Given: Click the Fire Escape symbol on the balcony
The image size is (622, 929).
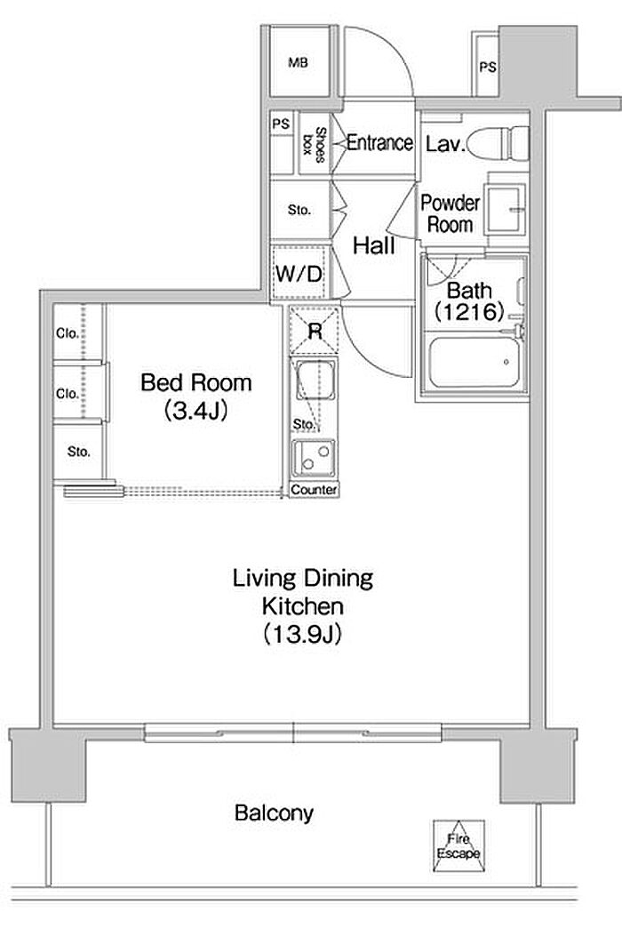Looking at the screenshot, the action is click(x=459, y=845).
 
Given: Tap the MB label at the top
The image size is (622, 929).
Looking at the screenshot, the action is click(x=298, y=62).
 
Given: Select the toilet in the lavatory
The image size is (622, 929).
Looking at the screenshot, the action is click(x=497, y=143).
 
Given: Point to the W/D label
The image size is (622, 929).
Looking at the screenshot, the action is click(x=299, y=274).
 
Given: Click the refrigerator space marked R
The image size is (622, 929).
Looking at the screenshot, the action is click(x=315, y=331).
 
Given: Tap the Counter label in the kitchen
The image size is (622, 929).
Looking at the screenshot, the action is click(x=314, y=490).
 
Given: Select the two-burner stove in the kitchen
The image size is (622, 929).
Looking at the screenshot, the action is click(x=314, y=458).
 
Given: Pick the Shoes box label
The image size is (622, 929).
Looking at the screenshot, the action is click(x=315, y=144).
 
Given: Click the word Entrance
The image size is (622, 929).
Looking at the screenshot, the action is click(x=379, y=143).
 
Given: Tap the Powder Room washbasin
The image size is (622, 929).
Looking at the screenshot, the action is click(x=504, y=210).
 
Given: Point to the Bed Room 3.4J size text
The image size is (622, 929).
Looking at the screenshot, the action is click(x=196, y=410).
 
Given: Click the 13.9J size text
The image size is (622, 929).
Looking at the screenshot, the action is click(x=302, y=635).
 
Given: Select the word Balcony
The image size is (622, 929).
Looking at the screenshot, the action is click(x=274, y=813).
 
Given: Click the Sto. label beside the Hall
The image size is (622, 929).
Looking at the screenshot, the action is click(x=299, y=210).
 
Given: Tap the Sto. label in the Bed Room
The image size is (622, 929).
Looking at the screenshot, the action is click(x=79, y=452).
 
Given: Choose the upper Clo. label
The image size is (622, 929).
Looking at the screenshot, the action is click(x=68, y=333).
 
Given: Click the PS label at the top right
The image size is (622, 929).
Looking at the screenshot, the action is click(x=488, y=68).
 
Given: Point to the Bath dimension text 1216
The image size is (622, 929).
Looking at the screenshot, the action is click(x=469, y=312).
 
